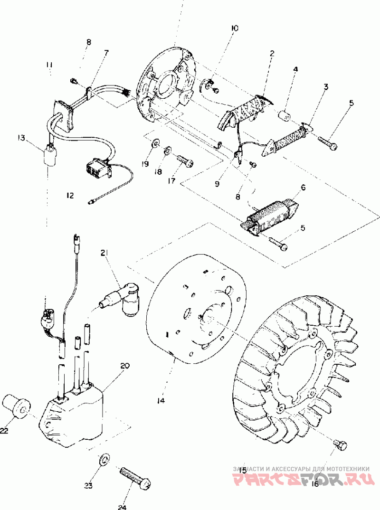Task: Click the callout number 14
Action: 161,401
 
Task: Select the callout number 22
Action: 4,430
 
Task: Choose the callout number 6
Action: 303,188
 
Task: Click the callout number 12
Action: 70,195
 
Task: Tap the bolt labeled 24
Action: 135,476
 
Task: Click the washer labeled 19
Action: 155,143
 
